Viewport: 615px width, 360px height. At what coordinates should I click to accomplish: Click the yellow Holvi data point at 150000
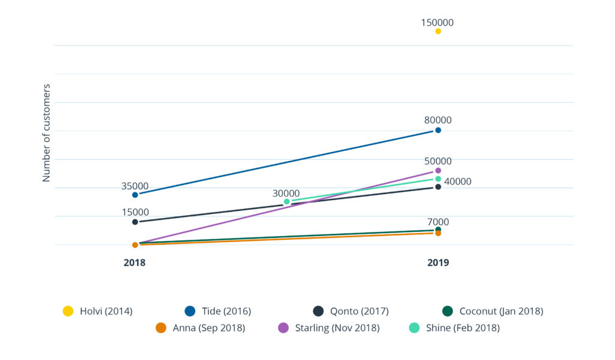click(438, 31)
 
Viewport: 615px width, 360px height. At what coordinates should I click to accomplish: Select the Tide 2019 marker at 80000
click(438, 130)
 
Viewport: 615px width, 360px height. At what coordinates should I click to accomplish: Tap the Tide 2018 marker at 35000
click(135, 195)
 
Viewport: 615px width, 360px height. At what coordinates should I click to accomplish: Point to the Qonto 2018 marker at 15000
click(135, 222)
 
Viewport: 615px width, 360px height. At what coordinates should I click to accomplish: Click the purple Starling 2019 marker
click(438, 171)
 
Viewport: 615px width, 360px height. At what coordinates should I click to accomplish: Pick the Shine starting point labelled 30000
click(287, 202)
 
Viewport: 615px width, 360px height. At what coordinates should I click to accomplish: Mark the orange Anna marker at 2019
click(438, 233)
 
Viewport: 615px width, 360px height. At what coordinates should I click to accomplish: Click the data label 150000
click(437, 23)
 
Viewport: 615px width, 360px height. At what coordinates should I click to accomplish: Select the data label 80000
click(437, 120)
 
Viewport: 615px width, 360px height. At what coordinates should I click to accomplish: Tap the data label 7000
click(437, 222)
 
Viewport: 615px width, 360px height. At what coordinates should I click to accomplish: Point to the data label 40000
click(458, 182)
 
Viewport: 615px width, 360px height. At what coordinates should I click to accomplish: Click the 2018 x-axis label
click(135, 263)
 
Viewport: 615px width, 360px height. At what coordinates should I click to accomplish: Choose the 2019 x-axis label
click(438, 263)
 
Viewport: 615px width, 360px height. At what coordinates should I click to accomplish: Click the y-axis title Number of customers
click(46, 133)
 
